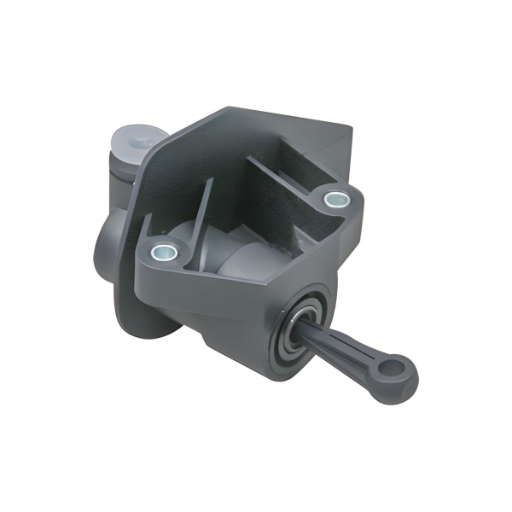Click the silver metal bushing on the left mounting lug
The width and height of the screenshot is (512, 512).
pyautogui.click(x=161, y=252)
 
